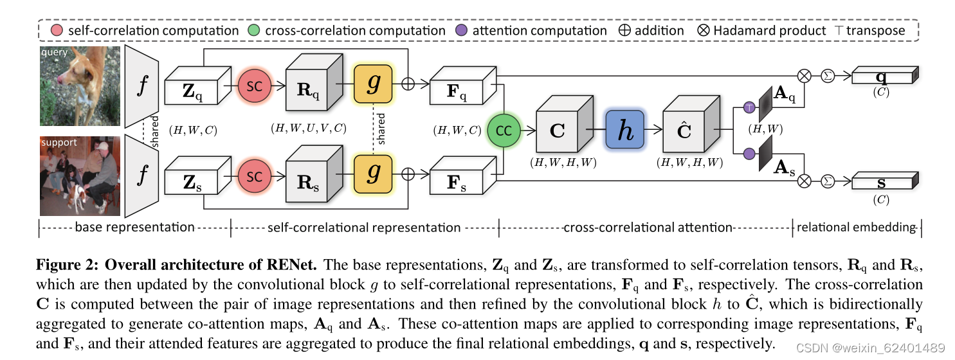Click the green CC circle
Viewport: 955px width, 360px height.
[504, 130]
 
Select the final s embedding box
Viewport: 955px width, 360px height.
[883, 183]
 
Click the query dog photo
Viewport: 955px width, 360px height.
[80, 85]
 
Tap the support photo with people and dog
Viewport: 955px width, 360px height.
[80, 175]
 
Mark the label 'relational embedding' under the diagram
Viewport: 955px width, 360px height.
[856, 227]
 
